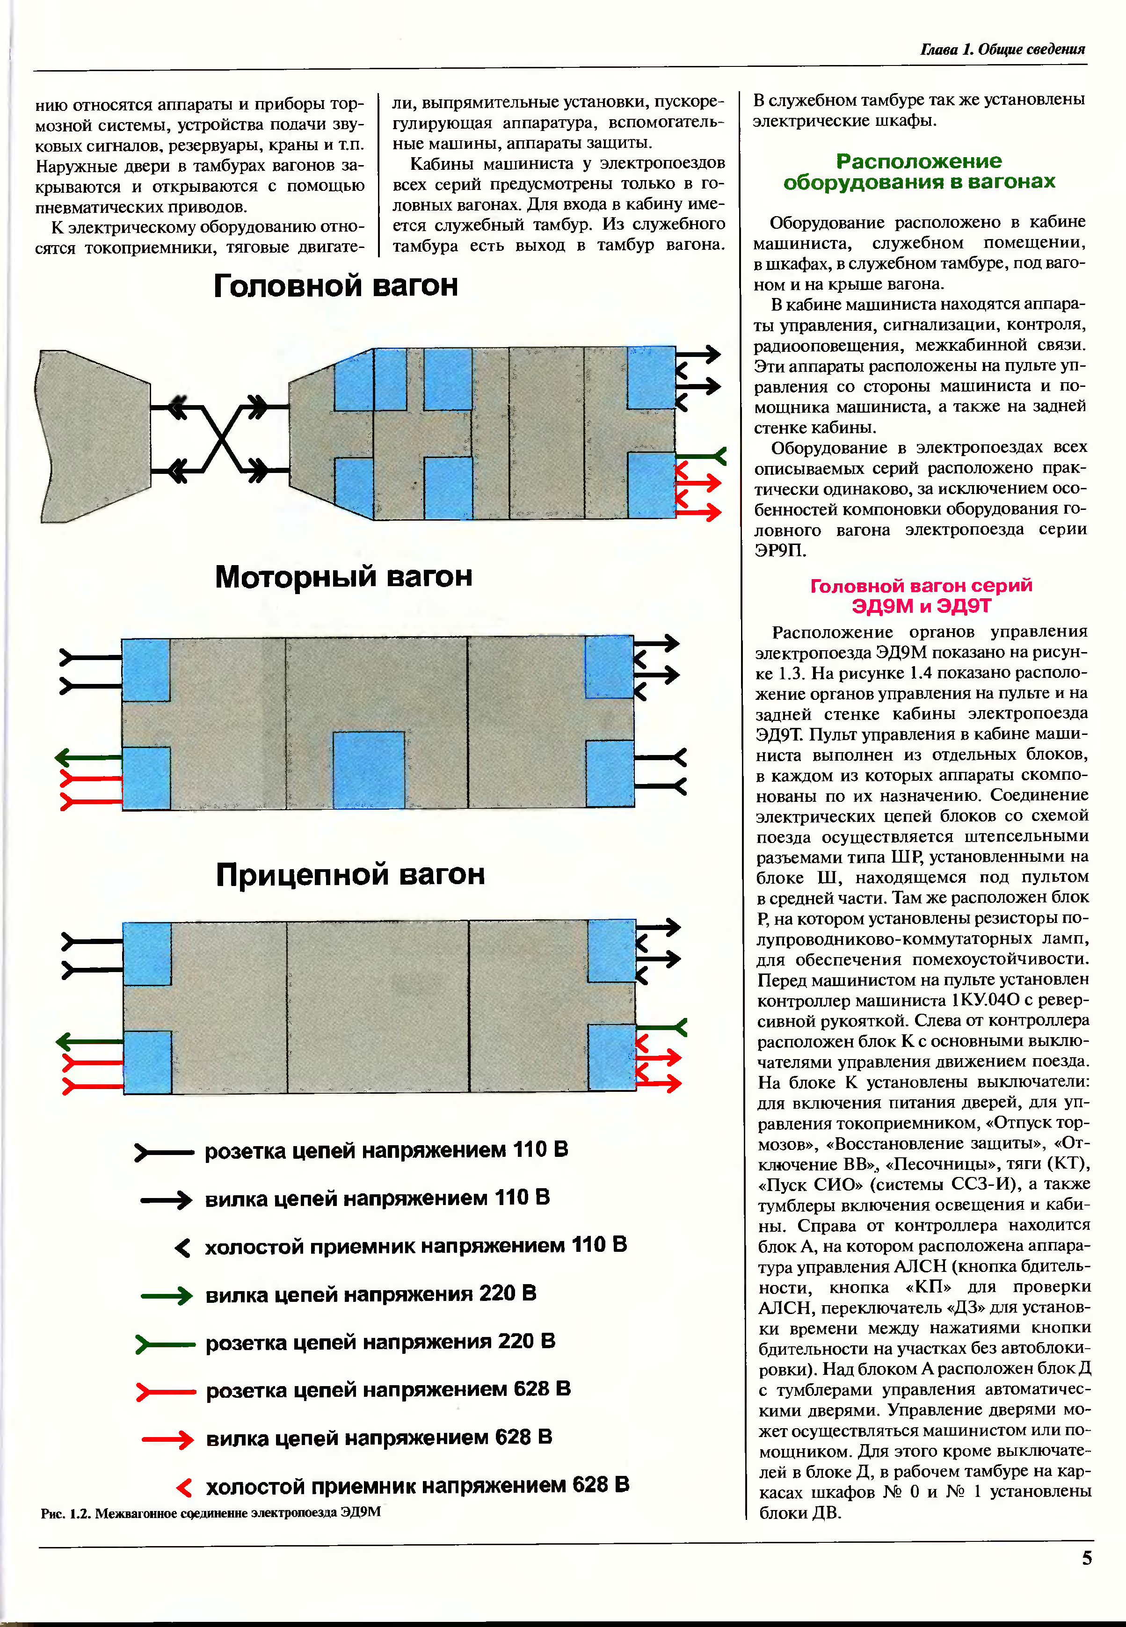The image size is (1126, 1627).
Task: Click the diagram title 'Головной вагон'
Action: tap(336, 286)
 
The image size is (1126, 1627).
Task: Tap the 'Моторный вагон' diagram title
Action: tap(343, 576)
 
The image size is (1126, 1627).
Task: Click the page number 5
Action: tap(1087, 1557)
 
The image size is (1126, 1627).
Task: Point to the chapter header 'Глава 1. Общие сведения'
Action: tap(1002, 49)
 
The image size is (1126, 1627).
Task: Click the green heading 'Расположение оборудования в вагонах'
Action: tap(919, 172)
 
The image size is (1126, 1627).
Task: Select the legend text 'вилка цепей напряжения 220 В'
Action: tap(370, 1293)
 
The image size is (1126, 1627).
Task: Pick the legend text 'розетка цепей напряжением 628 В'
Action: tap(388, 1389)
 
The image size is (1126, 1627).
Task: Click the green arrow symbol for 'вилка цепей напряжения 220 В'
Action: tap(167, 1295)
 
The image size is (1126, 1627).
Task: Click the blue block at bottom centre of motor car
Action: tap(368, 769)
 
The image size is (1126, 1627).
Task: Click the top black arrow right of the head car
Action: tap(698, 354)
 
